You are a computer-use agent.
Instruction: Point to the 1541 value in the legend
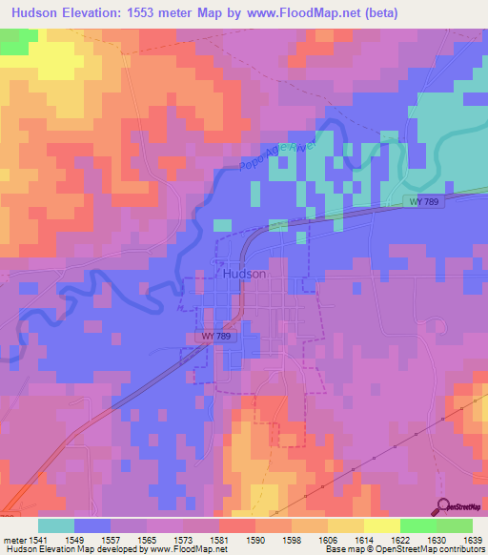38,540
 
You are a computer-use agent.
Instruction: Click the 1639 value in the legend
471,540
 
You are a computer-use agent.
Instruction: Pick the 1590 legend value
254,540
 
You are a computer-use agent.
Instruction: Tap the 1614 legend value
363,540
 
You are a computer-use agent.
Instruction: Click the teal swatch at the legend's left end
56,525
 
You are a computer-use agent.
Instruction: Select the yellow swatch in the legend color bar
381,525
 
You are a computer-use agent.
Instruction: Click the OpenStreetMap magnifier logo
443,507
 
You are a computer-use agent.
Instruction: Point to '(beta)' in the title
376,12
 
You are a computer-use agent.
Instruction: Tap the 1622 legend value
399,540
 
